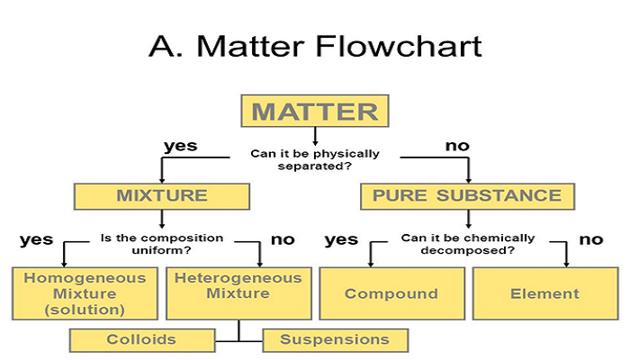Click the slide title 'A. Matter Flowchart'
[x=315, y=44]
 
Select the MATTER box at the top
[x=315, y=112]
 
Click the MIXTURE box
[x=162, y=195]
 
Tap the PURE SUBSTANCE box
[x=467, y=195]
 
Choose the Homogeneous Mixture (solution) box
[x=85, y=293]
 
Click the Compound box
[x=391, y=293]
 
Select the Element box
[x=544, y=293]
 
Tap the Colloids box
[x=141, y=339]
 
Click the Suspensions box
[x=335, y=339]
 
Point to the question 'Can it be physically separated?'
[x=315, y=160]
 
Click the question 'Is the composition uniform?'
[x=162, y=244]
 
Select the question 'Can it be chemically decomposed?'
[x=468, y=244]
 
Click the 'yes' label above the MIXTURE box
[x=180, y=146]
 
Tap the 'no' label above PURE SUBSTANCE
[x=458, y=146]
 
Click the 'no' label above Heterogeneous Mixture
[x=283, y=239]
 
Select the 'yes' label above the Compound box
[x=341, y=239]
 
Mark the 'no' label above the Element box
[x=590, y=239]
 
